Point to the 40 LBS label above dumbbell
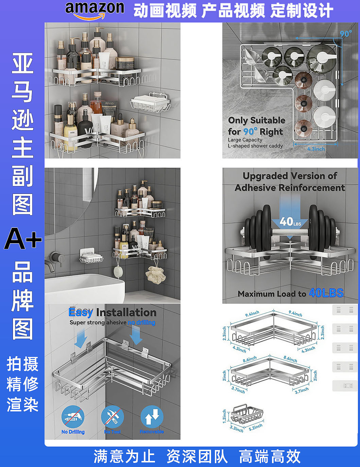pyautogui.click(x=290, y=222)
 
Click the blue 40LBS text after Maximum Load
pyautogui.click(x=326, y=293)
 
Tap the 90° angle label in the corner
pyautogui.click(x=345, y=34)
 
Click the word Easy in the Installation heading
pyautogui.click(x=81, y=312)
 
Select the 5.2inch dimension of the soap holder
pyautogui.click(x=256, y=427)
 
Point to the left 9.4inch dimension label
pyautogui.click(x=252, y=314)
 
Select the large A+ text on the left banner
pyautogui.click(x=23, y=239)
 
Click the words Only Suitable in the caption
pyautogui.click(x=256, y=120)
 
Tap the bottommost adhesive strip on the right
pyautogui.click(x=345, y=386)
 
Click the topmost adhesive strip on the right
pyautogui.click(x=345, y=310)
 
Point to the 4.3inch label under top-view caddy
pyautogui.click(x=316, y=149)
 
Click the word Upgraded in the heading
pyautogui.click(x=265, y=176)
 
